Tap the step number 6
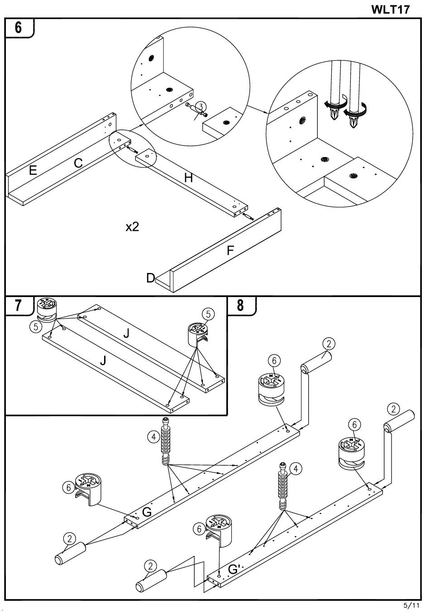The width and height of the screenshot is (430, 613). pyautogui.click(x=18, y=27)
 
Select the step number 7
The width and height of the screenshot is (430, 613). pyautogui.click(x=18, y=306)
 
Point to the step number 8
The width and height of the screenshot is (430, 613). pyautogui.click(x=240, y=306)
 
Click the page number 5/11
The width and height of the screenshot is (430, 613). pyautogui.click(x=411, y=605)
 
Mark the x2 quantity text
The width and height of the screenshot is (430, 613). pyautogui.click(x=132, y=227)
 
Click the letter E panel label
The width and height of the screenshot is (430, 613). pyautogui.click(x=33, y=171)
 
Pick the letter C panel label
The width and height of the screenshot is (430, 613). pyautogui.click(x=78, y=163)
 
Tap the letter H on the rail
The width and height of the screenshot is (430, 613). pyautogui.click(x=188, y=178)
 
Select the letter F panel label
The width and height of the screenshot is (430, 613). pyautogui.click(x=230, y=250)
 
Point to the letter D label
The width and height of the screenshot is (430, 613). pyautogui.click(x=150, y=278)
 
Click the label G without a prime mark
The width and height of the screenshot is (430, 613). pyautogui.click(x=147, y=512)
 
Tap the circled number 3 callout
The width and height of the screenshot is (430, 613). pyautogui.click(x=202, y=106)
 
